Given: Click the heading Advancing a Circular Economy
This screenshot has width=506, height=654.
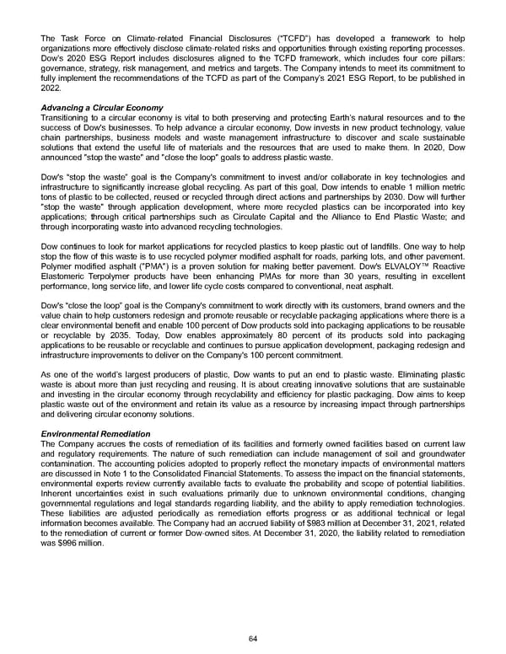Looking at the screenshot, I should (x=101, y=108).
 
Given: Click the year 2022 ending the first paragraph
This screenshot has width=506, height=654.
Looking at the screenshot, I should (x=52, y=88).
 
